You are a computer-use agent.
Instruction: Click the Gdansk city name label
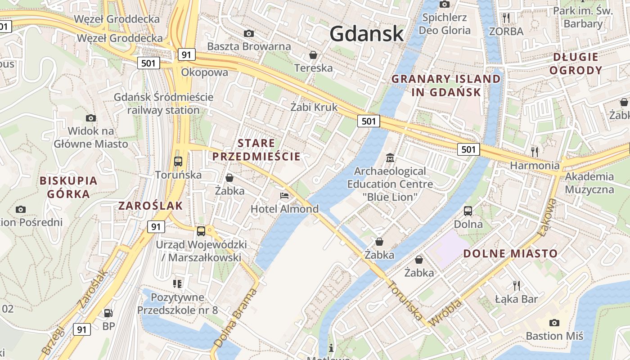[366, 34]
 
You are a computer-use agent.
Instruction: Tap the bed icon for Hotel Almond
[284, 196]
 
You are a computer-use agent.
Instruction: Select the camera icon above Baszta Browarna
[248, 33]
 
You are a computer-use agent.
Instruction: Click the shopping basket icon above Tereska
[313, 55]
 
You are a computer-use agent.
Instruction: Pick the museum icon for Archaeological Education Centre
[390, 158]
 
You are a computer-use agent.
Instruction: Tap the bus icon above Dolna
[468, 211]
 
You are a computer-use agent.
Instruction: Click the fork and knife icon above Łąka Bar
[517, 285]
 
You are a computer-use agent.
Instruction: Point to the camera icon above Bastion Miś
[554, 323]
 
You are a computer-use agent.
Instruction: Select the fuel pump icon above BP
[108, 313]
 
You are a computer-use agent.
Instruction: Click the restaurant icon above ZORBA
[507, 18]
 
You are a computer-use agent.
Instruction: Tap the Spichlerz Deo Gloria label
[445, 24]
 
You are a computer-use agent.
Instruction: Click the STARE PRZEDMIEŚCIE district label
[256, 150]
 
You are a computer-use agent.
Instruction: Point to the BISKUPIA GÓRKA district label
[68, 187]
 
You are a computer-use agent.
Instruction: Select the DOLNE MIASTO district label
[510, 253]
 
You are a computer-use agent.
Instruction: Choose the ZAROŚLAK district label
[150, 206]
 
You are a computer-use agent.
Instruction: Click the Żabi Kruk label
[314, 107]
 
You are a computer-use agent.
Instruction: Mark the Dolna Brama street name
[236, 317]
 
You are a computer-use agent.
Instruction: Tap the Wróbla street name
[446, 313]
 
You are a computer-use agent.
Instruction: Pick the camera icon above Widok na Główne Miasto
[91, 118]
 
